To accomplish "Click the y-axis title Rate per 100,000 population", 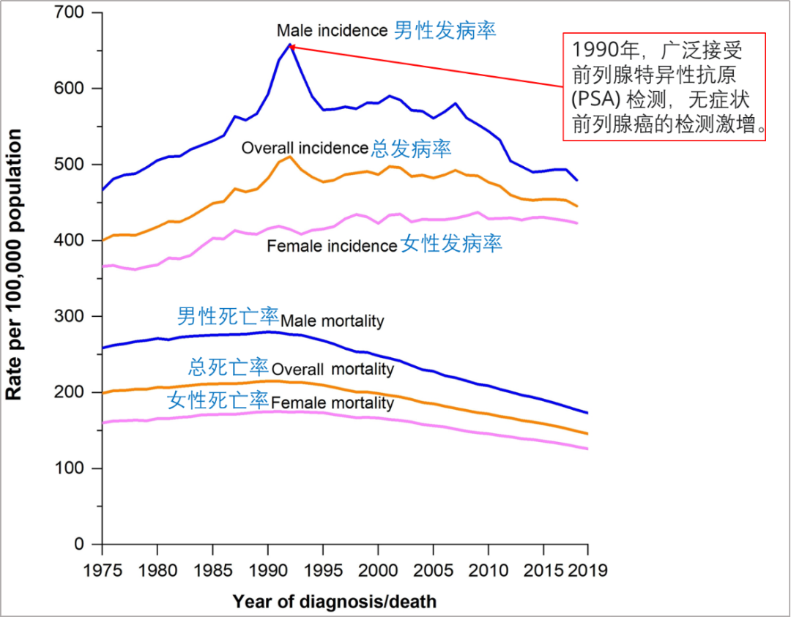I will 14,265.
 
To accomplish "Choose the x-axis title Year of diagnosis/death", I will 334,602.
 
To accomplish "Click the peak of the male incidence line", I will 290,45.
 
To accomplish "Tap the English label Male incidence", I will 332,31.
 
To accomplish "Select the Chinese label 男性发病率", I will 445,30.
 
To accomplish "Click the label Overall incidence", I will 305,148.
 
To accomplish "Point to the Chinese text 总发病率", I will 411,149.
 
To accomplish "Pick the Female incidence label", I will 332,247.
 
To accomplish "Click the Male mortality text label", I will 333,321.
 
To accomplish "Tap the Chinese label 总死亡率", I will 229,367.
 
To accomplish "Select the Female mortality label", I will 333,403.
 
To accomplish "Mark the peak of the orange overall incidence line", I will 289,157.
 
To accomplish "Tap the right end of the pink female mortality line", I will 587,448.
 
